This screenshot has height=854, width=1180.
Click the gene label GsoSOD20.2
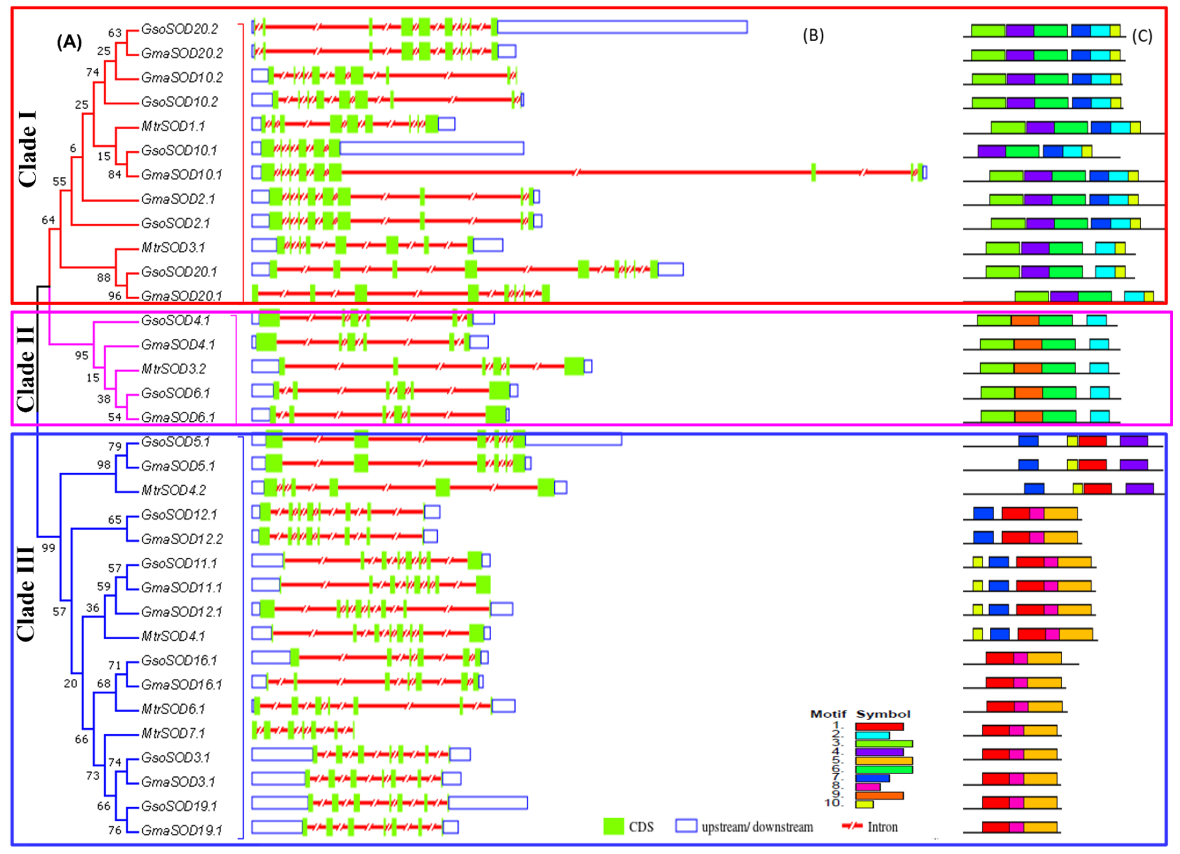180,29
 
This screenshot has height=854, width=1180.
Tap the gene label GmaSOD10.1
181,175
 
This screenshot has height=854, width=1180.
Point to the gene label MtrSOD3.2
174,369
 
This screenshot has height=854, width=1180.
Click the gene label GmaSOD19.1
181,830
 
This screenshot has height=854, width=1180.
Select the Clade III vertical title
26,593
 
